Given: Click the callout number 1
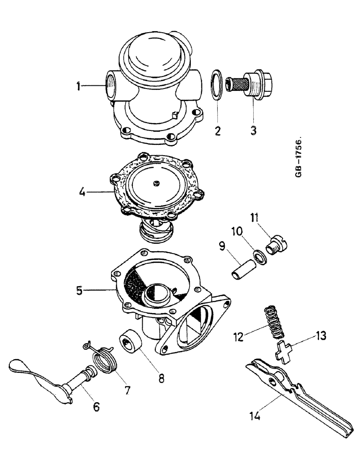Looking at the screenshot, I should [79, 86].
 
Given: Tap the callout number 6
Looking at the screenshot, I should [96, 406].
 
